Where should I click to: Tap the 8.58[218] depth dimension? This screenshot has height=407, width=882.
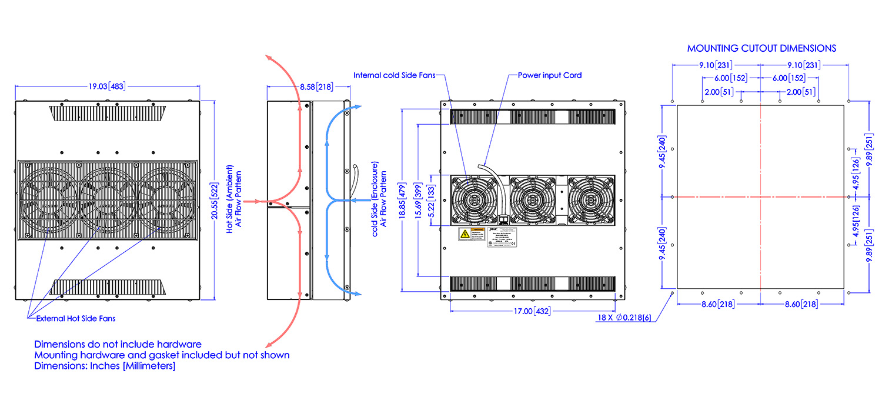tap(316, 87)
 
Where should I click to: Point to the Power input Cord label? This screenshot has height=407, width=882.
tap(549, 75)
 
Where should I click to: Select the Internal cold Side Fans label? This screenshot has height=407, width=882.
tap(395, 75)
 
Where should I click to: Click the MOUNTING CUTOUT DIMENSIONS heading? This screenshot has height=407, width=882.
tap(761, 48)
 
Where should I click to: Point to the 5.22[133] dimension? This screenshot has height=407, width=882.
tap(433, 200)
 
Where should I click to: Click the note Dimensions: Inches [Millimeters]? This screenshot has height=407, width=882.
tap(105, 366)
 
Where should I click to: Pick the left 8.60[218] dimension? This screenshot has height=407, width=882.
tap(718, 304)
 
